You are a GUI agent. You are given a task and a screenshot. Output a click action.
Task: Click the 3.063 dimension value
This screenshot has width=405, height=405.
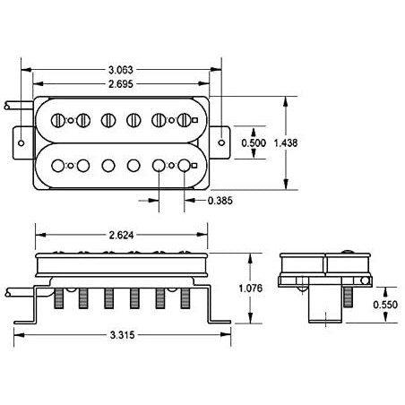121,70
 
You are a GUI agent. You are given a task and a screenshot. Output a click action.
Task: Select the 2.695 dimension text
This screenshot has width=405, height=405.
121,84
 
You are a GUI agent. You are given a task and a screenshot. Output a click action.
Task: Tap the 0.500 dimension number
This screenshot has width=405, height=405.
254,142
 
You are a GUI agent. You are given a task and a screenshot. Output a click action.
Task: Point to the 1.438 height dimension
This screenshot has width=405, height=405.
286,142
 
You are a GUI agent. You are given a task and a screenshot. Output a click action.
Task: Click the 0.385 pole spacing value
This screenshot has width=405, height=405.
220,201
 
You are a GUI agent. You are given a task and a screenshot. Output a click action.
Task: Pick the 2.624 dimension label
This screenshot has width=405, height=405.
121,235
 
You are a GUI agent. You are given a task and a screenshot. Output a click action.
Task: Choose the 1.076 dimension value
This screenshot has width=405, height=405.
251,289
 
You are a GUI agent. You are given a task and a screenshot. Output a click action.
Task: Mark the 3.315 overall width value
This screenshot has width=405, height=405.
123,335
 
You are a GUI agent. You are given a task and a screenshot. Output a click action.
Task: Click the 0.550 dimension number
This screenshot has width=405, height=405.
385,305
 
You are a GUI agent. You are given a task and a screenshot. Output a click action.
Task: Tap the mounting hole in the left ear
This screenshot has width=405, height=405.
21,142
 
